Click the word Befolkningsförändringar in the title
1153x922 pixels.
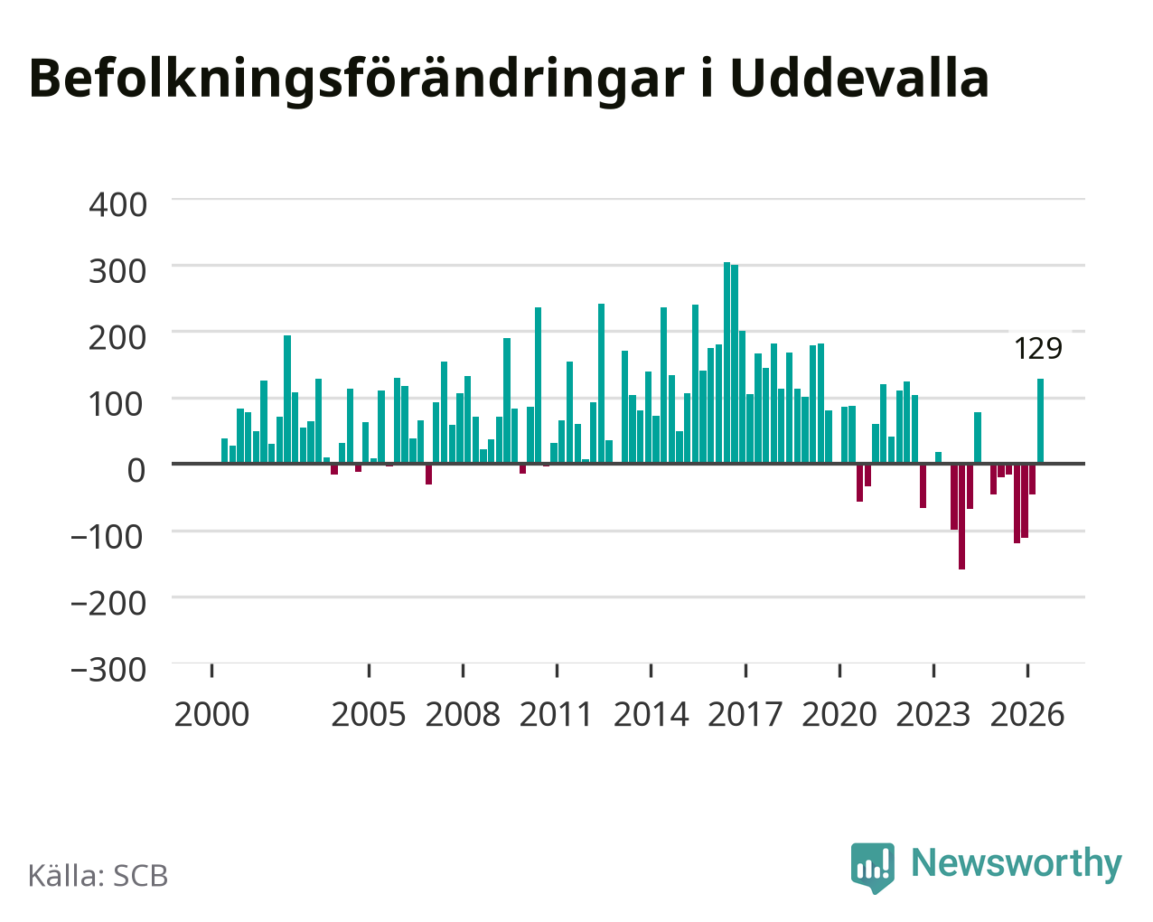[357, 80]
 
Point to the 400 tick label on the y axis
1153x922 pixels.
[117, 205]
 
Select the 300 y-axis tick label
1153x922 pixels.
[117, 271]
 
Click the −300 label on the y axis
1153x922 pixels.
[108, 670]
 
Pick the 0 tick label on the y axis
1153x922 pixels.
[136, 471]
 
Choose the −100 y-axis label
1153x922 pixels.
[108, 537]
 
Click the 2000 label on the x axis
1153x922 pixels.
[211, 714]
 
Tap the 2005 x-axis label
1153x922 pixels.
[369, 714]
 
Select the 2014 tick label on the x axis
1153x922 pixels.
[651, 714]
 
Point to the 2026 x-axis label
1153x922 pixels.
[1027, 714]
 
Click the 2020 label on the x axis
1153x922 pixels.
[839, 714]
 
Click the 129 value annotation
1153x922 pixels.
[1038, 349]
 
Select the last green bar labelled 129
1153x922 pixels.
[1040, 421]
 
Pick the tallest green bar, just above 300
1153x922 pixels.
[727, 362]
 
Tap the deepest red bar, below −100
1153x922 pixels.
[961, 516]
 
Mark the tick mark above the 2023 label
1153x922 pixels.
[933, 671]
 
